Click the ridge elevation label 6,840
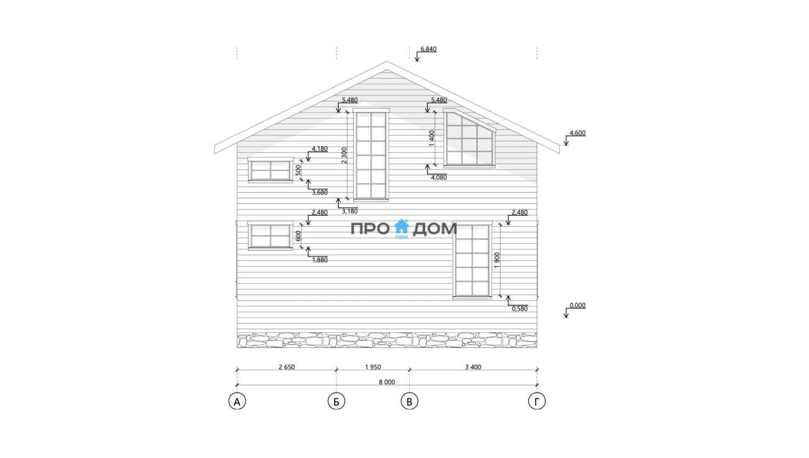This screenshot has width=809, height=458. tap(428, 49)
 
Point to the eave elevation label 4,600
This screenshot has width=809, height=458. tap(578, 133)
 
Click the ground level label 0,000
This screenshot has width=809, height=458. tap(578, 305)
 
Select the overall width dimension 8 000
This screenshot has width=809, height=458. tap(387, 382)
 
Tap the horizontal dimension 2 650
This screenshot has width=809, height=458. tap(286, 367)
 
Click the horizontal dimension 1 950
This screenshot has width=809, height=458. tap(373, 367)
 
